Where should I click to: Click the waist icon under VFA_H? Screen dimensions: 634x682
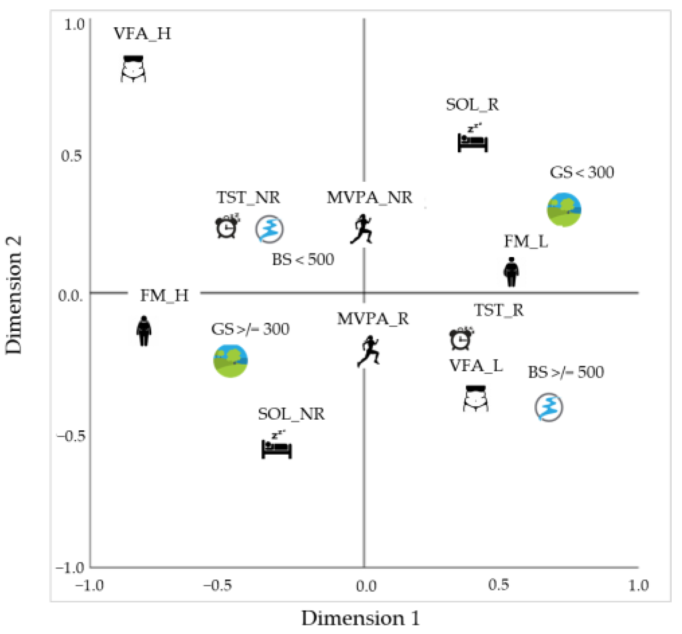click(133, 69)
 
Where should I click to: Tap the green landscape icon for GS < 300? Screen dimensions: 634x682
click(564, 209)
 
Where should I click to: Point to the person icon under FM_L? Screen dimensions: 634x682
click(511, 272)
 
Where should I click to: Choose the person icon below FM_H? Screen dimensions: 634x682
click(144, 331)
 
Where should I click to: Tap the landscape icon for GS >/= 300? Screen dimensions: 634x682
click(230, 361)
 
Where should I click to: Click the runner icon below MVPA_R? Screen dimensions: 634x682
click(369, 352)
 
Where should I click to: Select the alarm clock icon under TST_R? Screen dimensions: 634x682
click(461, 339)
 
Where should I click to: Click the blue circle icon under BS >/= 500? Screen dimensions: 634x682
click(549, 407)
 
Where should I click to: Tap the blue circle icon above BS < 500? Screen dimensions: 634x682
click(269, 229)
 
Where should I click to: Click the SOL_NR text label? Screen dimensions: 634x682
click(291, 414)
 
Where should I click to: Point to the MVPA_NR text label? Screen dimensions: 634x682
click(369, 197)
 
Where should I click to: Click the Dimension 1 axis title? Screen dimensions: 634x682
click(360, 618)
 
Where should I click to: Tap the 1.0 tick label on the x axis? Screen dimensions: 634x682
click(638, 585)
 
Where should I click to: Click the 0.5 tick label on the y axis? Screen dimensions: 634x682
click(72, 156)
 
